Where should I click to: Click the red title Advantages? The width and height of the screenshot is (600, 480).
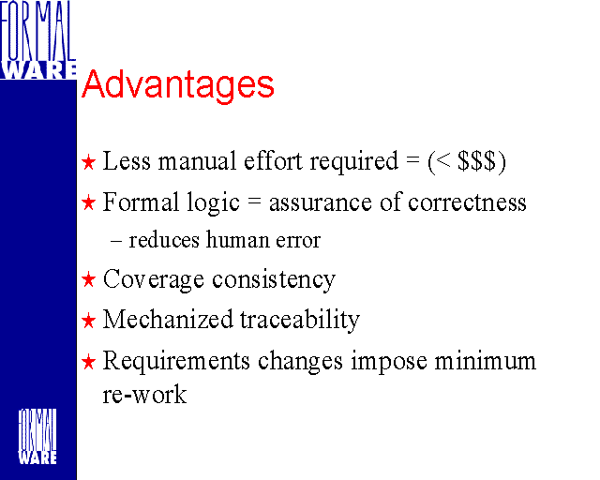[x=178, y=85]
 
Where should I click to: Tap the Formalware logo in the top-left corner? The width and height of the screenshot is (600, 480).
[x=37, y=39]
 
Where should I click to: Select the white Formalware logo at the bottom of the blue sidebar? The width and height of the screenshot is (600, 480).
[x=37, y=437]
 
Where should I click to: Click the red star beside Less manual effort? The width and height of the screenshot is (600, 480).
[x=88, y=162]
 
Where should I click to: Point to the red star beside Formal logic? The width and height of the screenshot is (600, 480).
[x=88, y=202]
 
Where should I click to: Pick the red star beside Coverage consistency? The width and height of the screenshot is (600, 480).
[x=88, y=279]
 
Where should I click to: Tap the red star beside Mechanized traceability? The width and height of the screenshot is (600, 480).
[x=88, y=321]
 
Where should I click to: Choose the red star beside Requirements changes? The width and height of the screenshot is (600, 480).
[x=88, y=362]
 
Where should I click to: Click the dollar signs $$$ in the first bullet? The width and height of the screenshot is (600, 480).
[x=476, y=161]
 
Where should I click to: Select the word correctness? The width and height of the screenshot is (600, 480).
[x=467, y=202]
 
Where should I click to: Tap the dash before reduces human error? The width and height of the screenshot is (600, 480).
[x=116, y=242]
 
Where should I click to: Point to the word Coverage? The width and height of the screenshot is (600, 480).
[x=154, y=279]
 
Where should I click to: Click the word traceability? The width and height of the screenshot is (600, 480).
[x=300, y=320]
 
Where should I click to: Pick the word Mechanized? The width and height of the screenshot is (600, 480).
[x=168, y=319]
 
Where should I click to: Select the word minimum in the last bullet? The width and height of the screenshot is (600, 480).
[x=486, y=361]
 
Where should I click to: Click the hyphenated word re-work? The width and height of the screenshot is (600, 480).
[x=144, y=395]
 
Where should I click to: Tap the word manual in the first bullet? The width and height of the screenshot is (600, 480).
[x=198, y=160]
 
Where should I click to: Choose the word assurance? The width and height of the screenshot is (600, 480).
[x=321, y=203]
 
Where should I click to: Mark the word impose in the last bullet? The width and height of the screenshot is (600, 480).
[x=389, y=362]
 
